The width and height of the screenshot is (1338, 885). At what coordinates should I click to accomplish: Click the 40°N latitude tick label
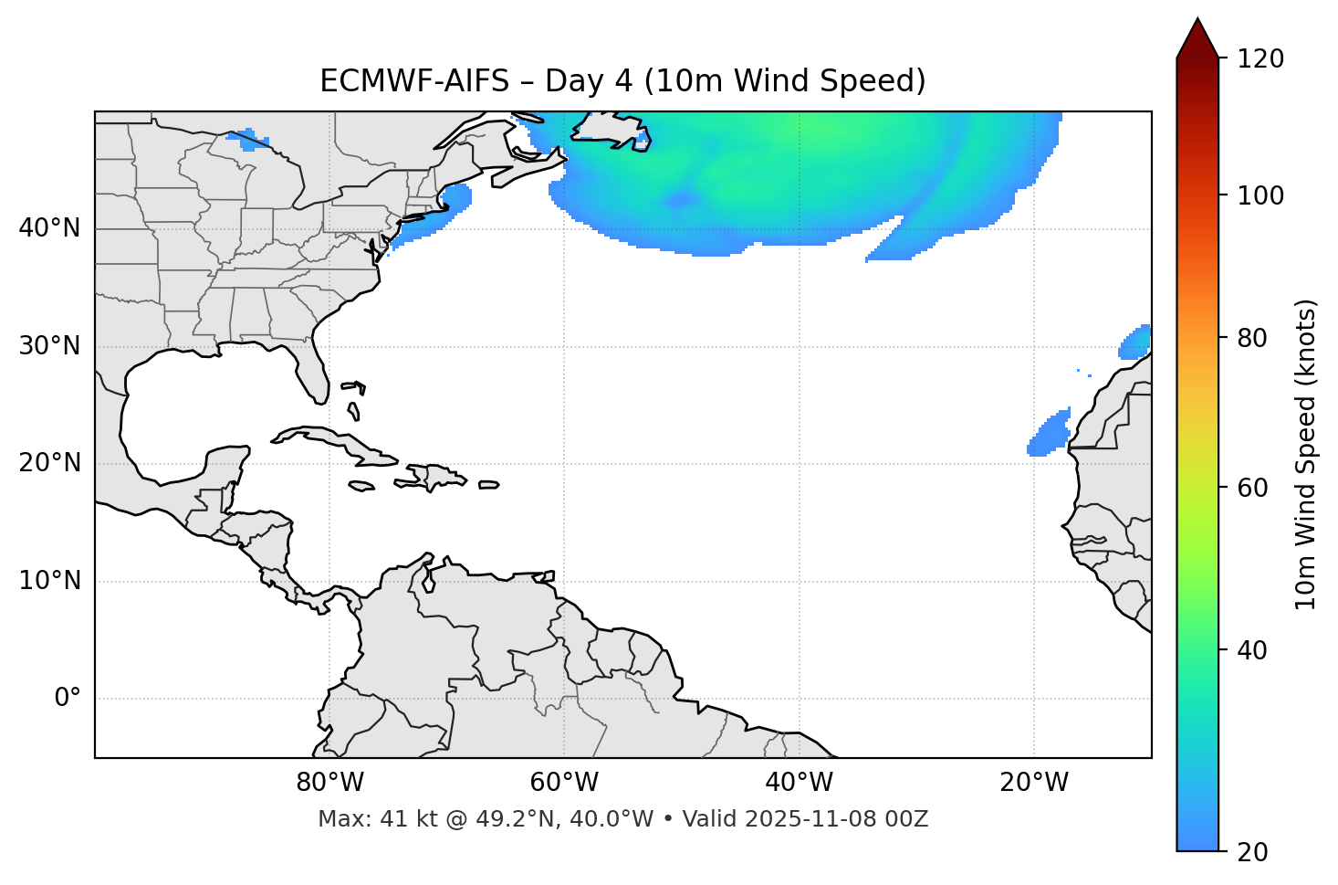click(49, 228)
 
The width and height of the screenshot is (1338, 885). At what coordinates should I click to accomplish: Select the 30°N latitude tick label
click(49, 346)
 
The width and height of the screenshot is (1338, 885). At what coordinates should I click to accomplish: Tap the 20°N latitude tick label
click(49, 463)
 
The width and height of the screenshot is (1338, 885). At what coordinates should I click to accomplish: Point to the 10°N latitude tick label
click(49, 581)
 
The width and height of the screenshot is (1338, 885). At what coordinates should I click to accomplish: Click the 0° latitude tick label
click(67, 699)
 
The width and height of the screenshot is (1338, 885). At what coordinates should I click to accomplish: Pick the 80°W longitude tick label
click(329, 783)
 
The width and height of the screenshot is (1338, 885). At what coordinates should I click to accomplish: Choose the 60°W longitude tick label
click(564, 783)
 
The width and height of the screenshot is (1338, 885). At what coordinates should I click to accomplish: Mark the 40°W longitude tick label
click(799, 783)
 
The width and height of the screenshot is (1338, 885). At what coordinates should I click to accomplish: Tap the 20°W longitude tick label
click(1034, 783)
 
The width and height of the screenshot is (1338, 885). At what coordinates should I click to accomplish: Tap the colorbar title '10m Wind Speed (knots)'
click(1306, 455)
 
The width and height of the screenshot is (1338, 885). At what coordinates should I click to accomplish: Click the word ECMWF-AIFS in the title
click(414, 81)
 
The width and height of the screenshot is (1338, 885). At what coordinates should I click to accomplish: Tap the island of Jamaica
click(361, 486)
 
